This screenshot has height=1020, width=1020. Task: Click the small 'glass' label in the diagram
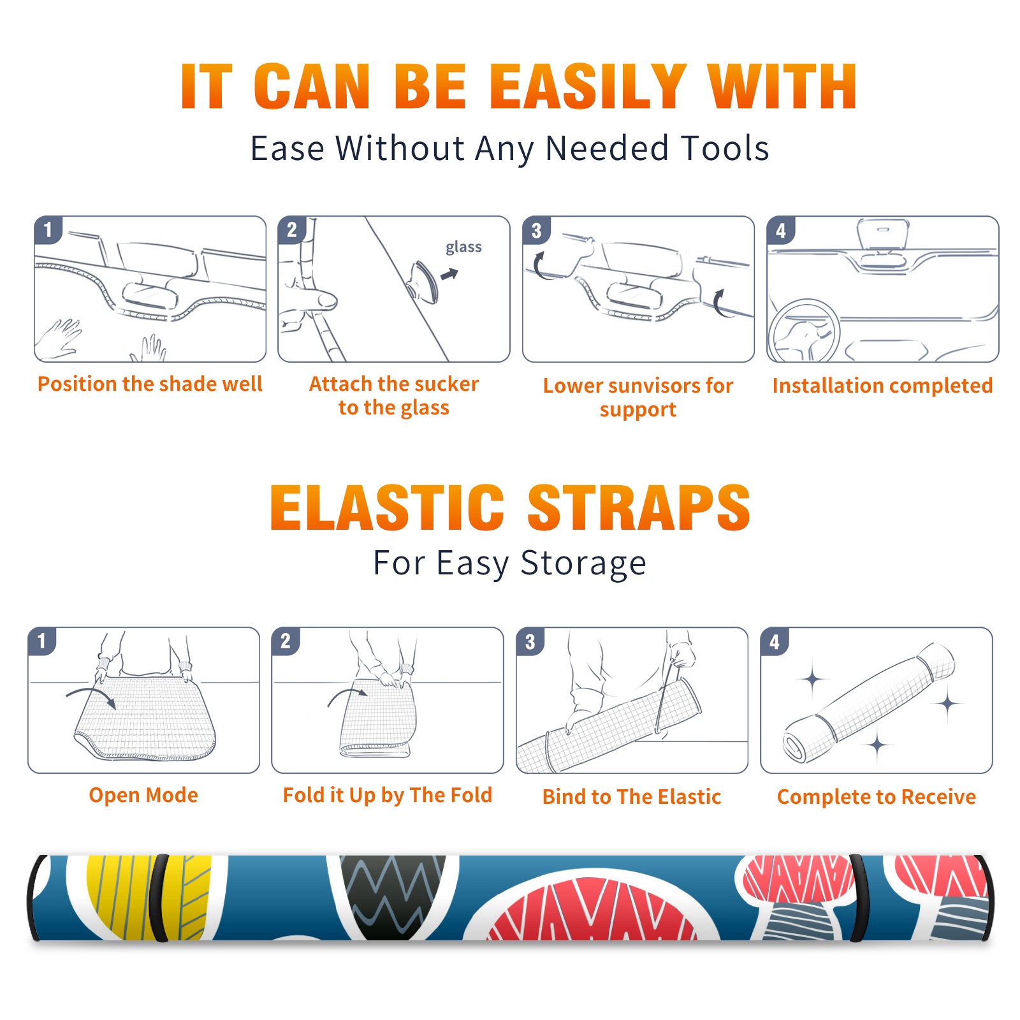point(463,247)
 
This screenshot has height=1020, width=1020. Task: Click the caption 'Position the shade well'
point(150,384)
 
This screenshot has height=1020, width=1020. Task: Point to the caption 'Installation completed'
point(882,385)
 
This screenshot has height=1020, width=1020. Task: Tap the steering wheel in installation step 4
point(804,331)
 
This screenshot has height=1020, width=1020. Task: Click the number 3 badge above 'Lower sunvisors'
point(536,231)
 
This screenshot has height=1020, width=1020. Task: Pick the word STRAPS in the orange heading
point(639,507)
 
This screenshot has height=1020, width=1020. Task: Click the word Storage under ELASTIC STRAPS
point(583,564)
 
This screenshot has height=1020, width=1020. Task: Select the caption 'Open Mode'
point(143,795)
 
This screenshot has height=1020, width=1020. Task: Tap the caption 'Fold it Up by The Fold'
point(388,796)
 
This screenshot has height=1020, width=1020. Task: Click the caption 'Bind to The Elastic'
point(632,797)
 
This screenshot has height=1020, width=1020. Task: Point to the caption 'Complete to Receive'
point(877,797)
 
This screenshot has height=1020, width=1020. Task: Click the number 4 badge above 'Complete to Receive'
point(775,641)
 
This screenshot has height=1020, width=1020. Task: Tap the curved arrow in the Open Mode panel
point(91,694)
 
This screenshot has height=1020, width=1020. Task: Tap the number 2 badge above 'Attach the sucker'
point(292,229)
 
